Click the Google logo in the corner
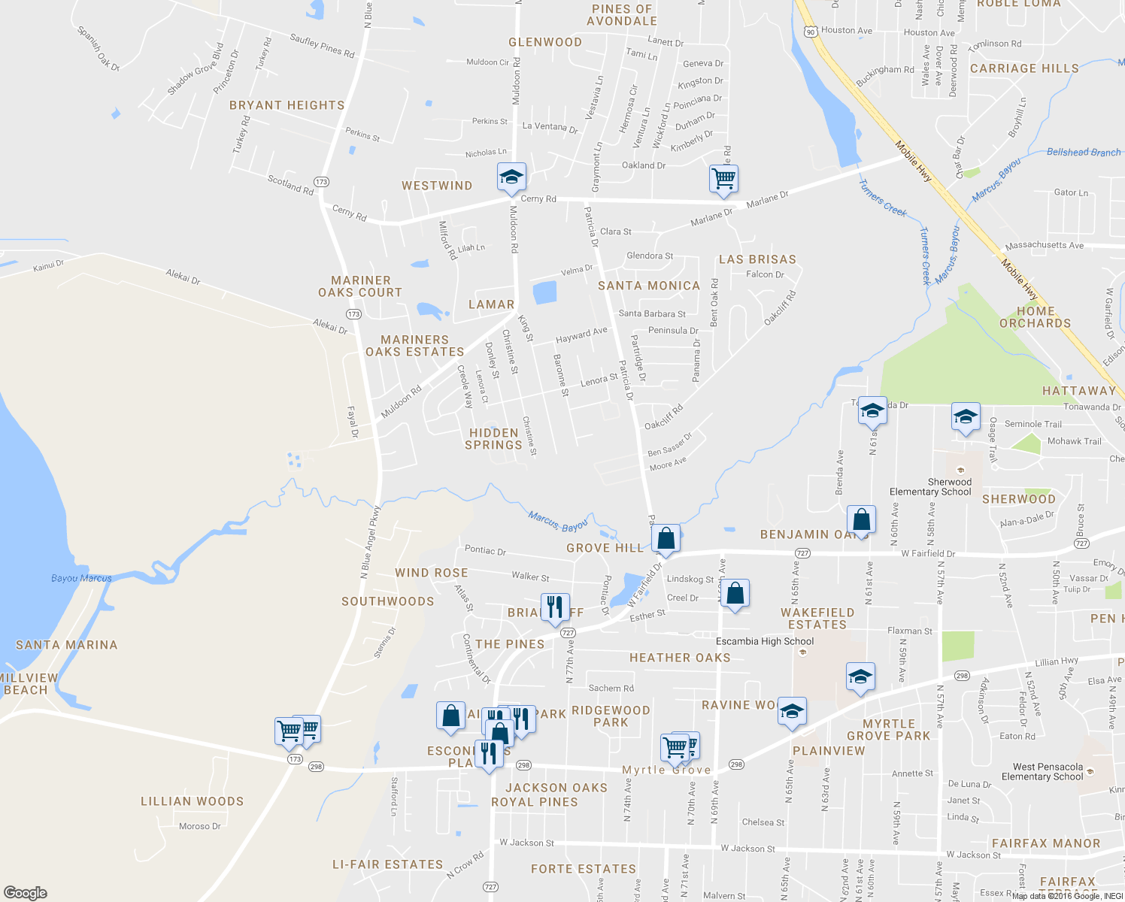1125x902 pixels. (26, 892)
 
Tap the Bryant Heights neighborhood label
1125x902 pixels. (287, 106)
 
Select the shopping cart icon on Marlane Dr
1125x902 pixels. (723, 179)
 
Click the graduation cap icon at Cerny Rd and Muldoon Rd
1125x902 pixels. (511, 177)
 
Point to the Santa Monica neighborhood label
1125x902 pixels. (649, 286)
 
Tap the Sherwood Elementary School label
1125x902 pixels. (930, 487)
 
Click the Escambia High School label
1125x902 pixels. (764, 641)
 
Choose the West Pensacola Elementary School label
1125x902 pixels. (1042, 772)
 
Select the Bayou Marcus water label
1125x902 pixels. (81, 578)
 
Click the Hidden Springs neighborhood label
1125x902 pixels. (493, 439)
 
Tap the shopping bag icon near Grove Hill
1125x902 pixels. (666, 538)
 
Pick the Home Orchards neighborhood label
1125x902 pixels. (1035, 317)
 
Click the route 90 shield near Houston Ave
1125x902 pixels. (809, 31)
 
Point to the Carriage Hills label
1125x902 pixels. (1024, 68)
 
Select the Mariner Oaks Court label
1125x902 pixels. (360, 286)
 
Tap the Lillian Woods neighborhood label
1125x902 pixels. (192, 801)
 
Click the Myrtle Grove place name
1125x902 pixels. (666, 770)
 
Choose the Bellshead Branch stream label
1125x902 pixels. (1084, 152)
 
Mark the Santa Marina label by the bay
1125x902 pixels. (67, 645)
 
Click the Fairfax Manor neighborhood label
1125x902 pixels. (1045, 843)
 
